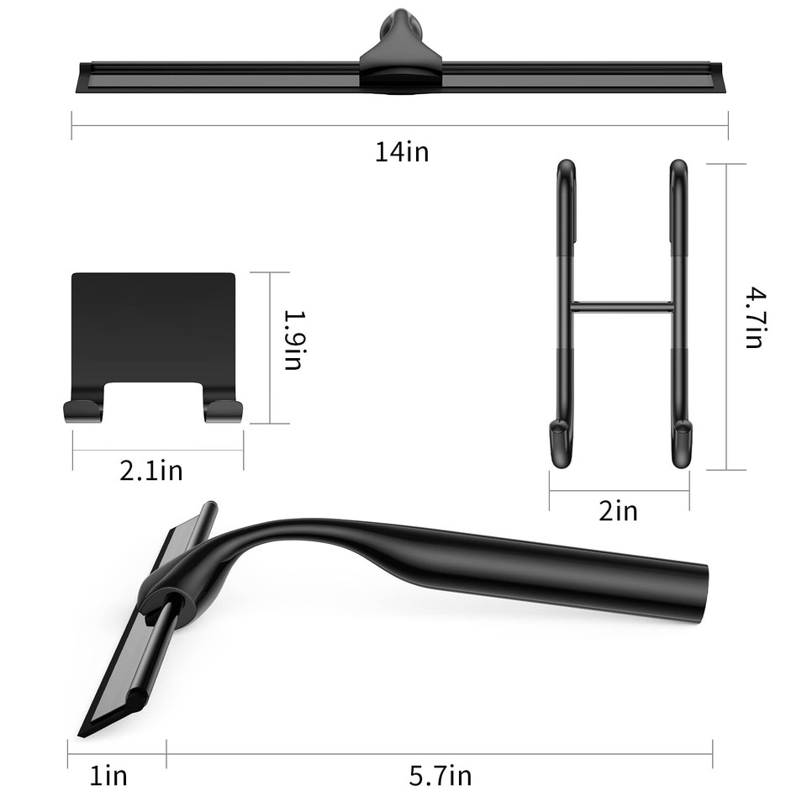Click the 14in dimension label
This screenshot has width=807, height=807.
[x=401, y=152]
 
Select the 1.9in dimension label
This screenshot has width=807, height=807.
[x=293, y=340]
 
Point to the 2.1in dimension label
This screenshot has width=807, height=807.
[x=151, y=470]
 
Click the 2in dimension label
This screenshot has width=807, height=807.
[x=618, y=510]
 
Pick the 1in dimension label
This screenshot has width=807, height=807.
[x=108, y=775]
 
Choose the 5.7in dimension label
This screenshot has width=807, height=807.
[x=440, y=775]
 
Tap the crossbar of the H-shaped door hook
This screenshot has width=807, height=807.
[x=622, y=307]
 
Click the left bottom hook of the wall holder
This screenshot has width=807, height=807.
[x=82, y=410]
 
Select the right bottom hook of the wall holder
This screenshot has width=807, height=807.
[x=224, y=410]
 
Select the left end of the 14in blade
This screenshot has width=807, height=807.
[x=82, y=79]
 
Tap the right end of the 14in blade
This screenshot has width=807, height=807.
[x=719, y=77]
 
